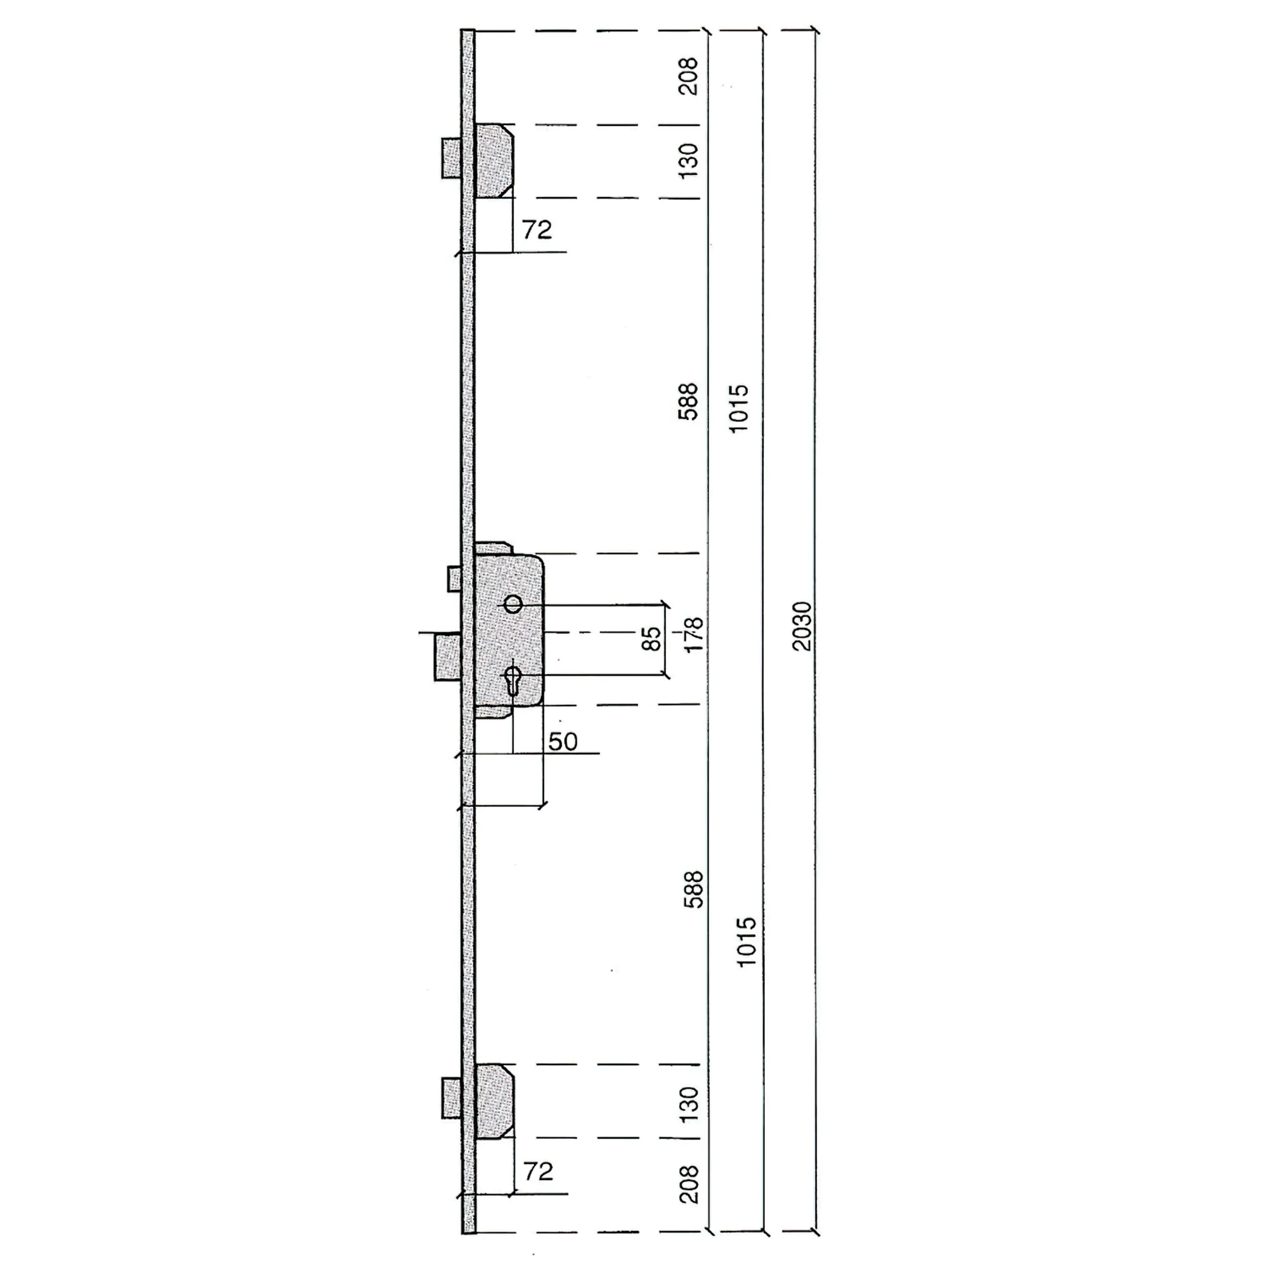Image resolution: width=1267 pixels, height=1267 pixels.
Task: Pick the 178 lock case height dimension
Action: (694, 634)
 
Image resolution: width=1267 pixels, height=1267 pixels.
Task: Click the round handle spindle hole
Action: (513, 604)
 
